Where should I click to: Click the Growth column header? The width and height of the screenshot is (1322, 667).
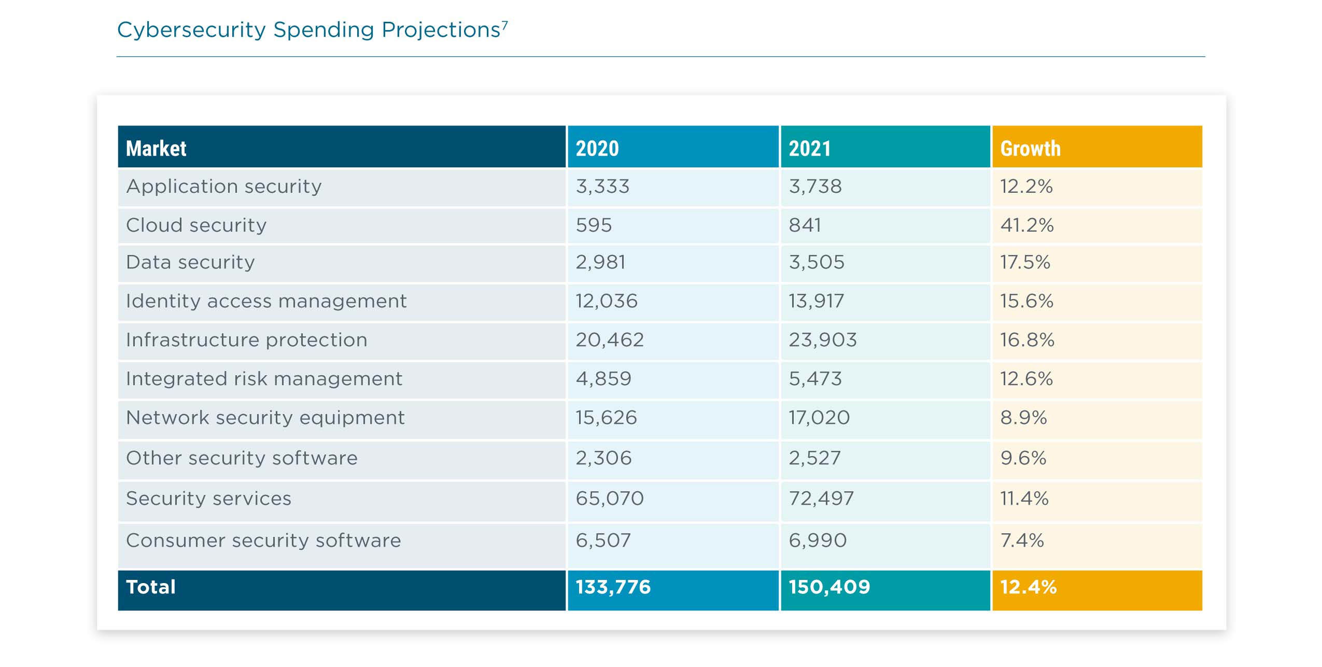(1030, 148)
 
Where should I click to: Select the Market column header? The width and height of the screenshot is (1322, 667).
(156, 148)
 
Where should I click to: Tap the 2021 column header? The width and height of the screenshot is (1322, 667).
(809, 148)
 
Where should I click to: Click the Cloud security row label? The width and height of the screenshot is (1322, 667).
(196, 225)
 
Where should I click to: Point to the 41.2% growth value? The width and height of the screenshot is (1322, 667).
(1026, 225)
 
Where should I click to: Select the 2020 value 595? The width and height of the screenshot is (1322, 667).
(594, 225)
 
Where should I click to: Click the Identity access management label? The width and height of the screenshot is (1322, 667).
(266, 301)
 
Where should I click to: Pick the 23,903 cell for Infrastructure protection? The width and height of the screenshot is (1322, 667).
(822, 340)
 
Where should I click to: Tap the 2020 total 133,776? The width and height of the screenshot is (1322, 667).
(613, 587)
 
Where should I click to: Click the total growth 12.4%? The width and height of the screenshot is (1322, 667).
(1028, 587)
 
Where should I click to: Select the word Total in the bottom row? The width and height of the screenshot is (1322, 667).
(151, 587)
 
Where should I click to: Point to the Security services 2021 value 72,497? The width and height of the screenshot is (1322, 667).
(821, 499)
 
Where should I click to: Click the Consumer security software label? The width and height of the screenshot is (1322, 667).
(263, 541)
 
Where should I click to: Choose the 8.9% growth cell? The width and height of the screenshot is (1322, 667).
(1023, 418)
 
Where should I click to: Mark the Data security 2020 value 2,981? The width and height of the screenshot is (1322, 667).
(600, 262)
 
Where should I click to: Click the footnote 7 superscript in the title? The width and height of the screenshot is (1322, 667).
(505, 24)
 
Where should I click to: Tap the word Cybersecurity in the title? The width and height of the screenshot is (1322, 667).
(191, 30)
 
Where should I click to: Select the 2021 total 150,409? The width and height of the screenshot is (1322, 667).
(829, 587)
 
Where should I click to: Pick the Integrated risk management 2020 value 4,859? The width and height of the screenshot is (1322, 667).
(603, 379)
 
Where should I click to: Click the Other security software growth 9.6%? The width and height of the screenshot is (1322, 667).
(1023, 458)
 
